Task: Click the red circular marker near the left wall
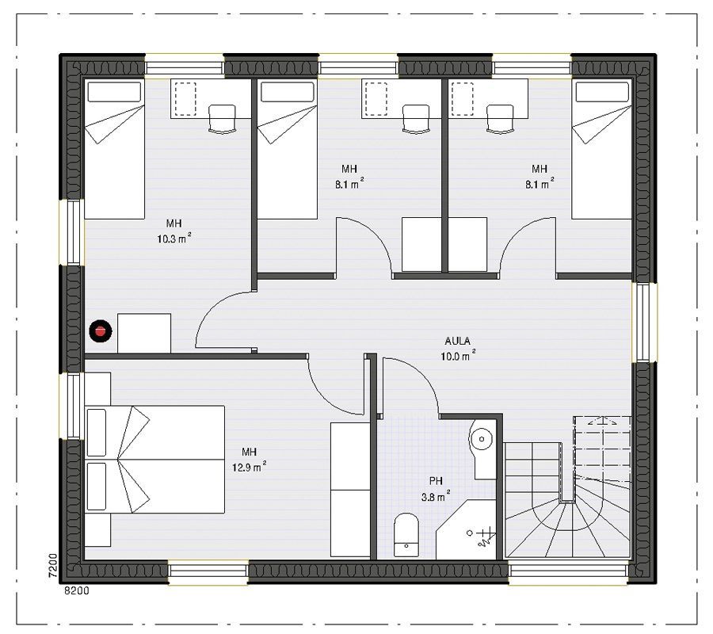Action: point(101,331)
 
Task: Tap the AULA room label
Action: point(457,341)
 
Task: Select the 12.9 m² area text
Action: point(250,467)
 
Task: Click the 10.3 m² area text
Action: point(174,238)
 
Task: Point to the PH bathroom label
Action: point(436,481)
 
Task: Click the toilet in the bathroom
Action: point(406,535)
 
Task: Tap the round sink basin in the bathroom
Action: point(481,439)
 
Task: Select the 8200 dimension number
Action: point(77,590)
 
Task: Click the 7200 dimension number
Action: point(53,566)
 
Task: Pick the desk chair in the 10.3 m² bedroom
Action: point(222,119)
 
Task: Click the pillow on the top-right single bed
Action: point(602,92)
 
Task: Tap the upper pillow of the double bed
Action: point(97,432)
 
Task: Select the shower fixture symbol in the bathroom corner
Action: point(482,537)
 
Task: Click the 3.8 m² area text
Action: point(436,496)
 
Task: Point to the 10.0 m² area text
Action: point(458,356)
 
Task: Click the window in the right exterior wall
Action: point(644,322)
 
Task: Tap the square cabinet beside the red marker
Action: point(144,333)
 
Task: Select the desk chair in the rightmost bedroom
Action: point(500,119)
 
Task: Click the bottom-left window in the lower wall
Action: point(208,572)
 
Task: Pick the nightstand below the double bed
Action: point(97,530)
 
